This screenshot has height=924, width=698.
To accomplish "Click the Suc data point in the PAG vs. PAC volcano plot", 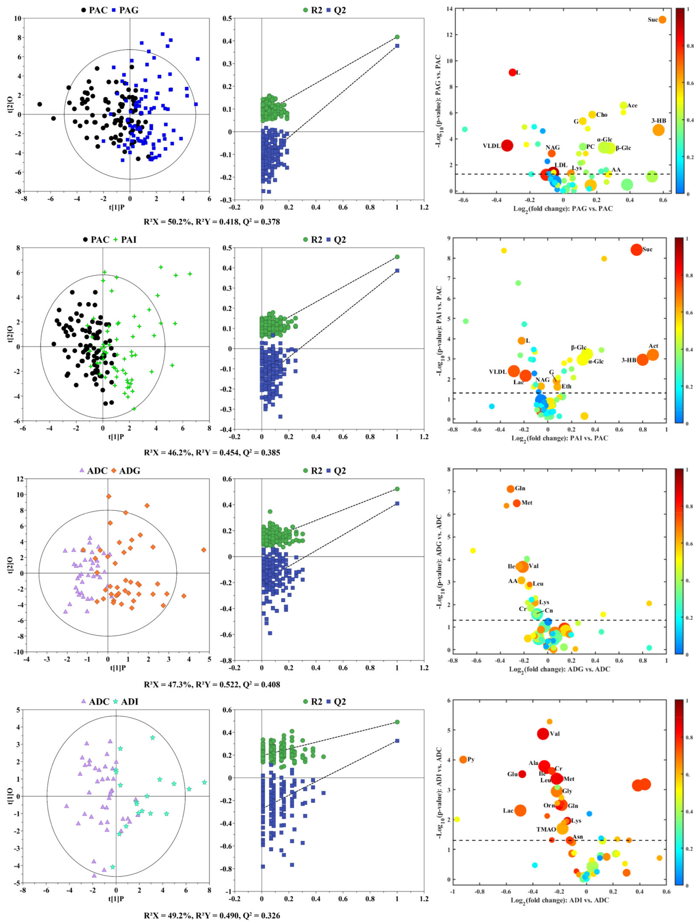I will click(x=662, y=20).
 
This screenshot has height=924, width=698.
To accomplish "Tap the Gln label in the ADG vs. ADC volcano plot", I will click(x=520, y=488).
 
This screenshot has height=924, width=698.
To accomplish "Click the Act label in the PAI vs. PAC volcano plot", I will click(x=653, y=346).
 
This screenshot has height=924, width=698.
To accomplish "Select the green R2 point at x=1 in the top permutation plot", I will click(x=397, y=37).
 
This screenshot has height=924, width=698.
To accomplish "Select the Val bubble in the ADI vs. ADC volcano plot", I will click(x=543, y=733).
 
